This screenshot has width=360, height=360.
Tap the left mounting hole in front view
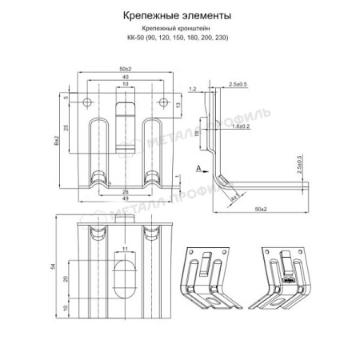coord(86,102)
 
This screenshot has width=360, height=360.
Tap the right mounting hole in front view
coord(163,102)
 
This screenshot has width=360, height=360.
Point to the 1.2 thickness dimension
coord(193,89)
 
